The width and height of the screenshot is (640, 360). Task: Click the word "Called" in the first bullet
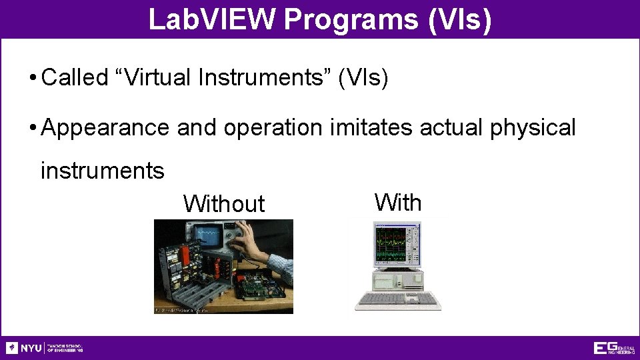coord(75,78)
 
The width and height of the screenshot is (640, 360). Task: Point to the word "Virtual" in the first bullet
coord(157,78)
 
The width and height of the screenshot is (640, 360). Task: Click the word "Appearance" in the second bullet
coord(105,127)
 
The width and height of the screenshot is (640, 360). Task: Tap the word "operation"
coord(273,127)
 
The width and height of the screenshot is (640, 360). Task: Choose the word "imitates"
coord(371,127)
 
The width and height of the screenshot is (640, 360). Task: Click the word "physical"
coord(532,127)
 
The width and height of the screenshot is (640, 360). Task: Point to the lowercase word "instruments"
coord(102,171)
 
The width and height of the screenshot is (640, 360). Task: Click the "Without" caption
coord(224,204)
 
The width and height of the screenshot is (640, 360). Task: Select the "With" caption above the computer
coord(398,202)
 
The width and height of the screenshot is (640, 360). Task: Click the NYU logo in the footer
coord(24,348)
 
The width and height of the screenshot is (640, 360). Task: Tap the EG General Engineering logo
coord(614,348)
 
